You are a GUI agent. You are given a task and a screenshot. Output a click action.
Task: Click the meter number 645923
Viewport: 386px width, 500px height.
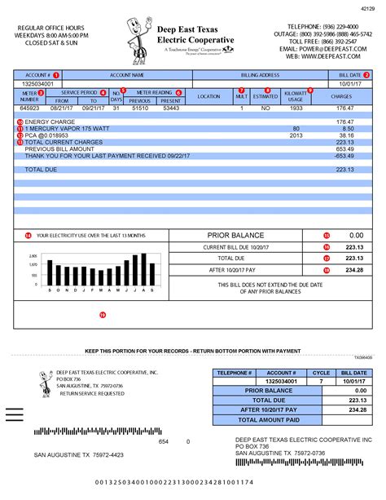tap(29, 108)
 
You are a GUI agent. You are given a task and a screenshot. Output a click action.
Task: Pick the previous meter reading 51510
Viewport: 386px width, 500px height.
tap(140, 108)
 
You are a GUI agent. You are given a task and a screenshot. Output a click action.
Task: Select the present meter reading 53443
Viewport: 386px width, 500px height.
tap(171, 108)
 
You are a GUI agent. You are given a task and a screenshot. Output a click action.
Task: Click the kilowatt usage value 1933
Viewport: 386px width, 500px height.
tap(296, 108)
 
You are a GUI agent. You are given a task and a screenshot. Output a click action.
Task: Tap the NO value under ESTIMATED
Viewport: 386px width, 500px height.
tap(265, 108)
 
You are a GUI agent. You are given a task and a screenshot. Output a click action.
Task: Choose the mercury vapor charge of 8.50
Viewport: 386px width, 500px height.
tap(348, 129)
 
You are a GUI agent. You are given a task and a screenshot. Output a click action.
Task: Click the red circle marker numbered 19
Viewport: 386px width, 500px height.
tap(102, 314)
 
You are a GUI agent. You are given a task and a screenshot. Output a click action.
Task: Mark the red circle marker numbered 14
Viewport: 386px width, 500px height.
tap(29, 235)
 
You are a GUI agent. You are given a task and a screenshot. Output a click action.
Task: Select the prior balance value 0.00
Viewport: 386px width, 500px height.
tap(355, 235)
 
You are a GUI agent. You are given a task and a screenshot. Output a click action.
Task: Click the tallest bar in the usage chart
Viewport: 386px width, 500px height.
tap(144, 269)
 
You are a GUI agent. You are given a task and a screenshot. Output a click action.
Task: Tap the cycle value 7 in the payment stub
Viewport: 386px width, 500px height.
tap(321, 381)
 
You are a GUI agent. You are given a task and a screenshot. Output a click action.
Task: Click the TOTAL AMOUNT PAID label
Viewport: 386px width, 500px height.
tap(268, 419)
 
